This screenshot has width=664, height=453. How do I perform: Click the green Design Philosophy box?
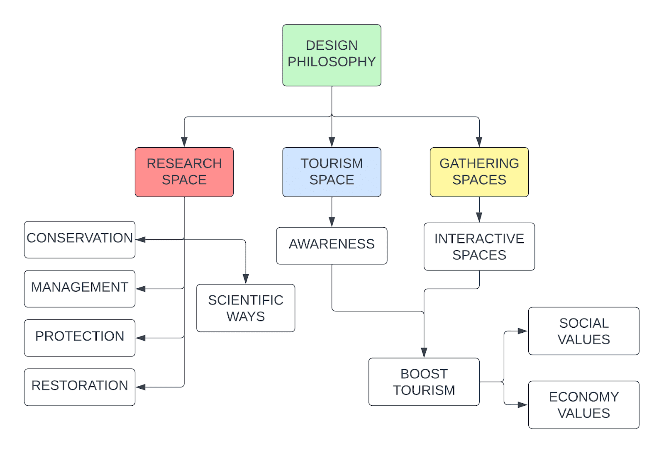click(332, 55)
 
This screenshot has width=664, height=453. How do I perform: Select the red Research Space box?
click(184, 172)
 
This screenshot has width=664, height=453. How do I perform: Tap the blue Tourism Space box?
click(332, 172)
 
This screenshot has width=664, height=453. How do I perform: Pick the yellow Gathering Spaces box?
click(479, 172)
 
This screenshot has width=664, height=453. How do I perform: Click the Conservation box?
click(80, 239)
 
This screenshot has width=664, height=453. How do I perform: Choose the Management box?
click(80, 288)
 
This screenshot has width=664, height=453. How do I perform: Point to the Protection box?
click(80, 338)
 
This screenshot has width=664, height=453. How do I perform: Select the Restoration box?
click(80, 387)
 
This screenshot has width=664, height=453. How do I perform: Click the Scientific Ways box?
click(246, 308)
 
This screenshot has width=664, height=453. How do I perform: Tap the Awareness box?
click(332, 246)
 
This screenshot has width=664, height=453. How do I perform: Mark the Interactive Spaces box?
click(479, 246)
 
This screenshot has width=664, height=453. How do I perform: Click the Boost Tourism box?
click(424, 382)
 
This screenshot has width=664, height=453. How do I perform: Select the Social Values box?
click(583, 331)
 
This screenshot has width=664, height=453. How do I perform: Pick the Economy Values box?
click(583, 404)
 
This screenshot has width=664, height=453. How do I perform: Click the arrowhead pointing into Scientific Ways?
click(246, 279)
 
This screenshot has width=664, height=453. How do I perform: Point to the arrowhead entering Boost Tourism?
click(424, 353)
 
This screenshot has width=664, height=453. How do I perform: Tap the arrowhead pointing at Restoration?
click(141, 387)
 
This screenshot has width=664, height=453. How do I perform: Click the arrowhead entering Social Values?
click(523, 331)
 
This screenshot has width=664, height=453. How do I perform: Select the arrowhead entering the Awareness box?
click(332, 222)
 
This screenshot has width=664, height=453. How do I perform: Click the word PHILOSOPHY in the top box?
click(332, 62)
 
